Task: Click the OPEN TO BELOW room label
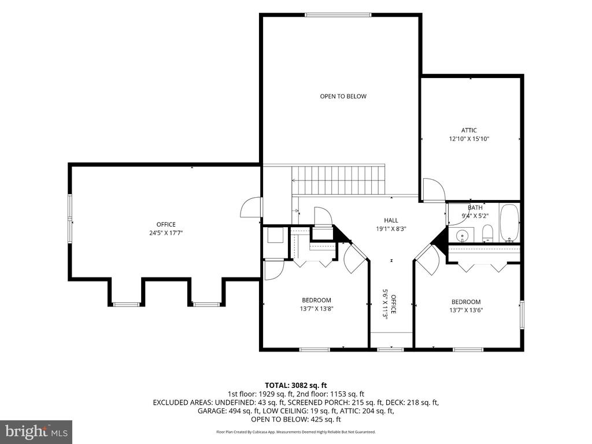point(343,97)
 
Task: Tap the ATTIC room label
point(469,130)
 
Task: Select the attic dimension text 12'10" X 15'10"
point(469,139)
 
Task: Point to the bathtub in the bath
point(510,223)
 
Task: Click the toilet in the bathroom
point(488,233)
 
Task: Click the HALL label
point(391,220)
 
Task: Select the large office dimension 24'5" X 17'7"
point(166,233)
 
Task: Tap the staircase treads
point(338,180)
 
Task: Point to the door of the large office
point(250,207)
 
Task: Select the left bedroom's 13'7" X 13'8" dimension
point(316,309)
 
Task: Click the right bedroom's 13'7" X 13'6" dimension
point(467,310)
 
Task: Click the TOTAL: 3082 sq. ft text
point(295,386)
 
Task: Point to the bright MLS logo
point(36,431)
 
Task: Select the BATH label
point(475,208)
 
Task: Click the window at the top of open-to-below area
point(338,15)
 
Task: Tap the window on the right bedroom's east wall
point(522,314)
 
